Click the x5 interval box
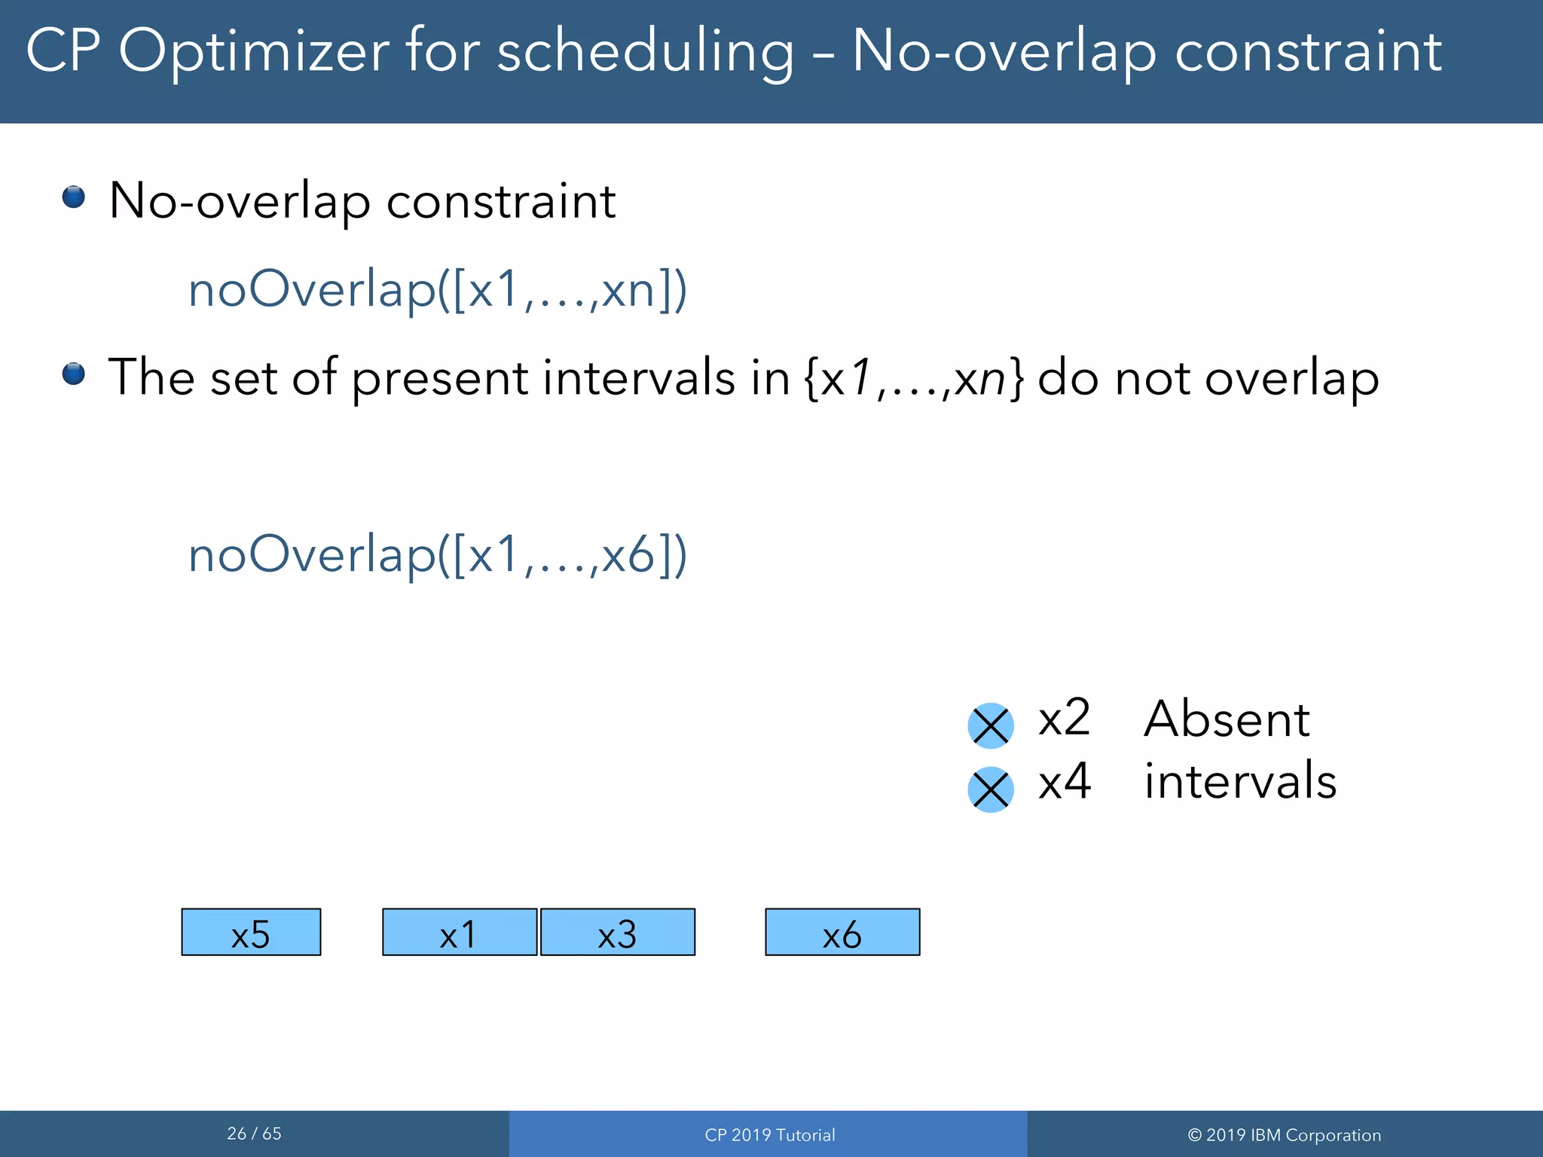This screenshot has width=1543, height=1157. tap(251, 932)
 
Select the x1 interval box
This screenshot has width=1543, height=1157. tap(460, 932)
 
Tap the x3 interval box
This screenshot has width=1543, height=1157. tap(618, 932)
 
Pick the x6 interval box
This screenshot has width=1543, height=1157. tap(842, 932)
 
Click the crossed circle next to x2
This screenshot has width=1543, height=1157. tap(990, 726)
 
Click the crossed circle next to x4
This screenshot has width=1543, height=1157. tap(990, 789)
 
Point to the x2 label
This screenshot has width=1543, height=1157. tap(1064, 718)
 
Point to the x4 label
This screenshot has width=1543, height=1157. tap(1064, 781)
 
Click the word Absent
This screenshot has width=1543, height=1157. tap(1227, 719)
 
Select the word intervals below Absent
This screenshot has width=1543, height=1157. tap(1240, 781)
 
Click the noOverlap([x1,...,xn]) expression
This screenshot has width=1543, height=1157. tap(437, 290)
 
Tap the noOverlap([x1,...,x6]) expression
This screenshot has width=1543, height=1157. tap(437, 555)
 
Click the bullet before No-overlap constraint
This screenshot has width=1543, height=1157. tap(73, 197)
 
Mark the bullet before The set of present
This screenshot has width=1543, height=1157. tap(73, 374)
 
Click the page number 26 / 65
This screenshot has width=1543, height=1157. tap(254, 1134)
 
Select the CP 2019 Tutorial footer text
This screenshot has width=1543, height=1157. tap(769, 1135)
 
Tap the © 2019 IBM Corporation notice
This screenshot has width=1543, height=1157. tap(1284, 1135)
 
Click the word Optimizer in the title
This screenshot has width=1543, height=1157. tap(254, 51)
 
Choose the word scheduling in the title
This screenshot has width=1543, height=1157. tap(645, 51)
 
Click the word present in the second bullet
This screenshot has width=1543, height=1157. tap(439, 379)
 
